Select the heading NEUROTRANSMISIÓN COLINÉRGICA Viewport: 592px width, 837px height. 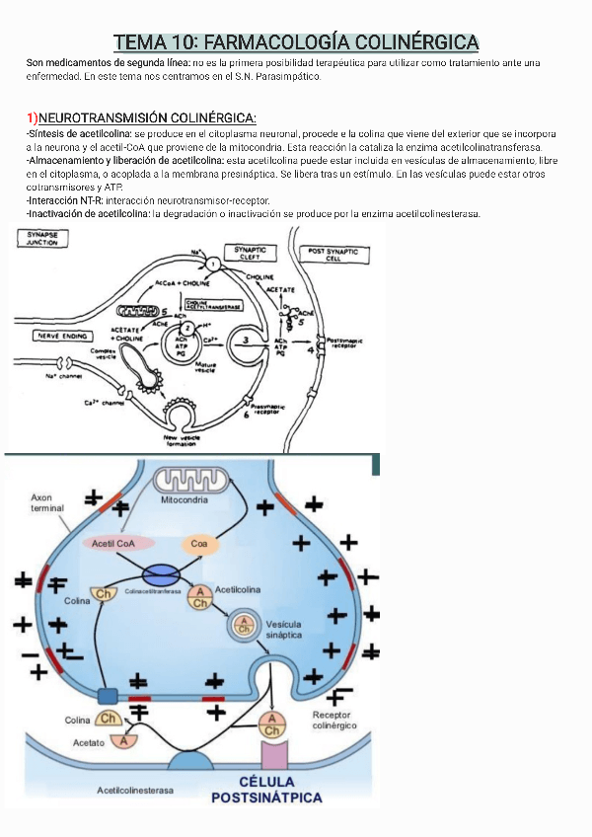(x=147, y=118)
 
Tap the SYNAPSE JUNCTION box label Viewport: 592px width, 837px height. (x=41, y=237)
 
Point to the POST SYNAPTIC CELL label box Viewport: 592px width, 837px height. (x=334, y=256)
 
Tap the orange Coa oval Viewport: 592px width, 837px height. (x=199, y=543)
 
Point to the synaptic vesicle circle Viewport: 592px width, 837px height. (x=242, y=625)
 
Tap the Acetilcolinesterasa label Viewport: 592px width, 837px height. (x=135, y=791)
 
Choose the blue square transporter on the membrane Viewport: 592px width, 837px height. (x=107, y=696)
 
